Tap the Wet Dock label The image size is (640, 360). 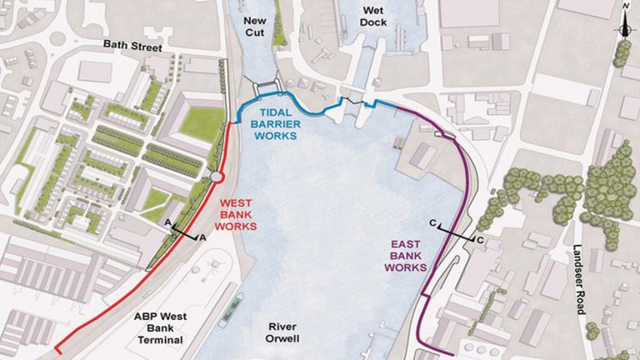pos(373,17)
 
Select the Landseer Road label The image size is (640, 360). pos(578,279)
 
